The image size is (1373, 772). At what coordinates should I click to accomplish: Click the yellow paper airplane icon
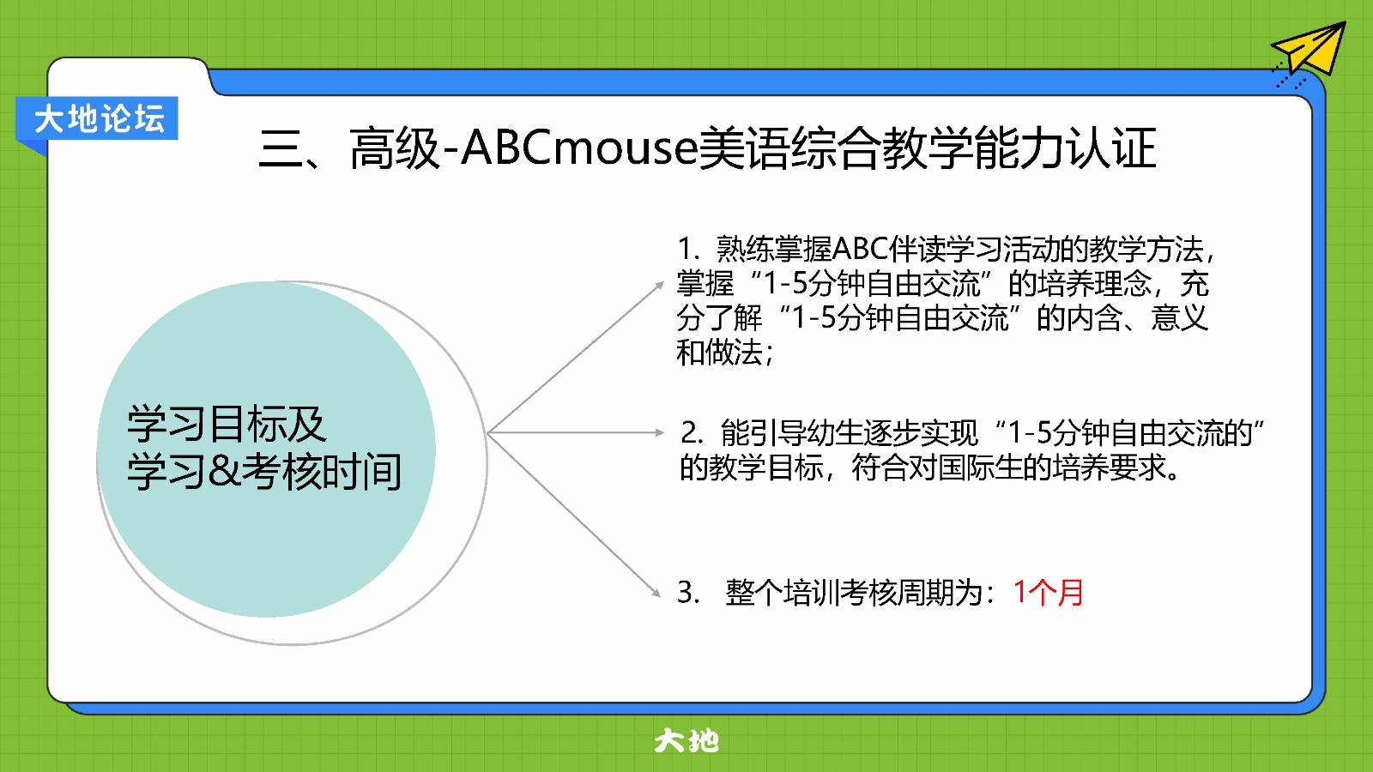coord(1312,51)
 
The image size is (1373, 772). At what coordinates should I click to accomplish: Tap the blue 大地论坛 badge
coord(97,118)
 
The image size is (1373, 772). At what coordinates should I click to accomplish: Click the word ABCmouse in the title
coord(579,148)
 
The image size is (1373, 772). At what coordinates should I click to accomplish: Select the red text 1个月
coord(1048,593)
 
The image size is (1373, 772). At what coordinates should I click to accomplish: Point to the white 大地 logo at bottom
coord(686,741)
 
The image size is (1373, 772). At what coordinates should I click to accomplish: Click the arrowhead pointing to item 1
coord(660,285)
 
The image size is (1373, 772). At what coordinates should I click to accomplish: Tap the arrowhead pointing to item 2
coord(660,432)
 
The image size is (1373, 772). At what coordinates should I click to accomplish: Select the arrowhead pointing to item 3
coord(656,593)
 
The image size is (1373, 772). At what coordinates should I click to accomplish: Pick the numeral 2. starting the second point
coord(692,433)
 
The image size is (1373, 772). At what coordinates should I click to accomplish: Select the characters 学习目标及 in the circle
coord(227,424)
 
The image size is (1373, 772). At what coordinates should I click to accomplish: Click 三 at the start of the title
coord(281,149)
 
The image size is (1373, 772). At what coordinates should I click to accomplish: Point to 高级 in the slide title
coord(394,148)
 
